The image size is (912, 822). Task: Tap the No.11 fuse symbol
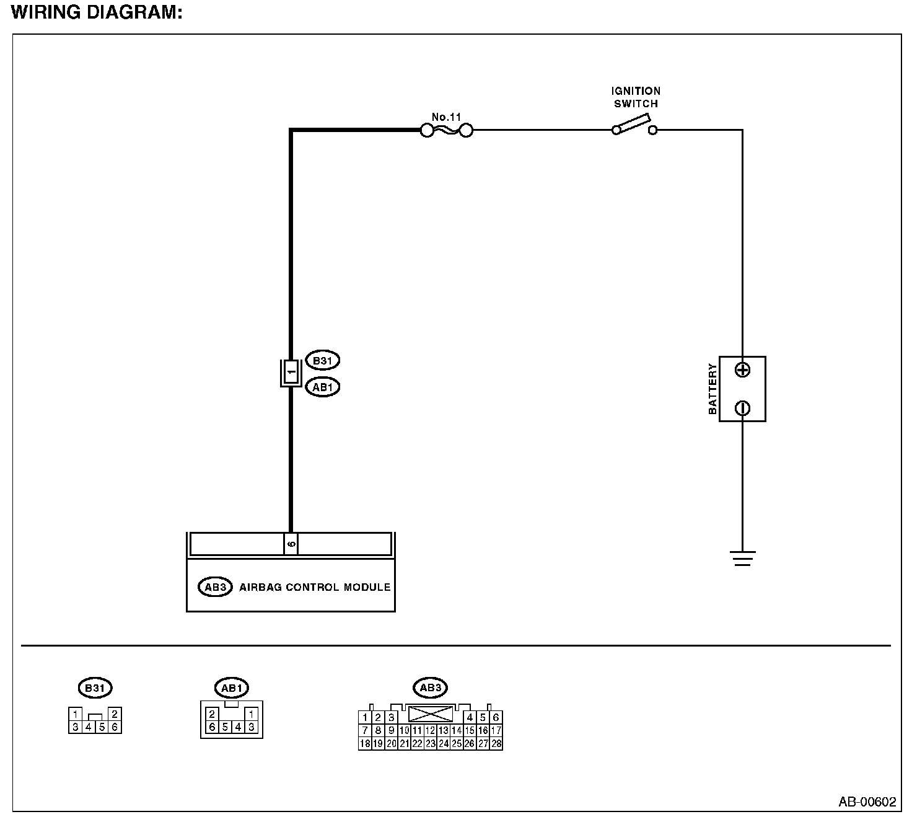(x=446, y=130)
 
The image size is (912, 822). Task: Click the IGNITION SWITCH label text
(x=636, y=97)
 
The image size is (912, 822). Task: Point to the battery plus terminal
(x=742, y=370)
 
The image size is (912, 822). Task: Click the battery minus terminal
(x=742, y=408)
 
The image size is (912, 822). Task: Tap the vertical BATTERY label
(x=712, y=389)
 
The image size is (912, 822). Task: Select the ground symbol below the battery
(x=742, y=559)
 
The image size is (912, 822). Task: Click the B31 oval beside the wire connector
(x=323, y=360)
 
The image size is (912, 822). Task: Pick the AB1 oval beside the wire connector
(x=323, y=387)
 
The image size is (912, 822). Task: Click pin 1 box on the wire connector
(x=291, y=373)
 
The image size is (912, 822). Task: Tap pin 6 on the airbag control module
(x=291, y=544)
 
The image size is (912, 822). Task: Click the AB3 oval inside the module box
(x=214, y=586)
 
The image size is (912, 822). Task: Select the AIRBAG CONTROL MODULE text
(x=315, y=587)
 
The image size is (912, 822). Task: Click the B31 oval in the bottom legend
(x=95, y=687)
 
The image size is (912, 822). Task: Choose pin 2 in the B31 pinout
(x=115, y=714)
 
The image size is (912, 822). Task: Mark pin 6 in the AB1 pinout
(x=212, y=727)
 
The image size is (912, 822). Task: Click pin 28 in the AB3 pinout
(x=496, y=744)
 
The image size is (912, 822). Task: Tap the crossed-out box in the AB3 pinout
(x=430, y=714)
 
